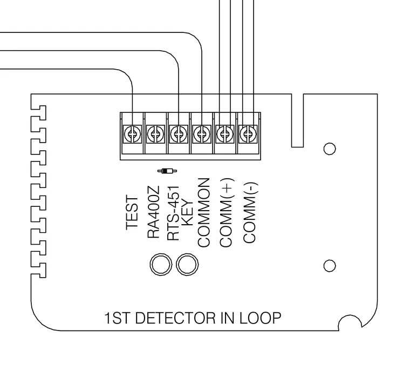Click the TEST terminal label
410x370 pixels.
coord(132,212)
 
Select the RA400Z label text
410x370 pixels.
coord(153,212)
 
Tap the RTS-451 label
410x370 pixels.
coord(173,213)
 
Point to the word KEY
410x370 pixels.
coord(187,213)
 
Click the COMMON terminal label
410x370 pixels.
coord(204,213)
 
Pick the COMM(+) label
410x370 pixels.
coord(226,213)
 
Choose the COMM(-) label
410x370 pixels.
coord(250,213)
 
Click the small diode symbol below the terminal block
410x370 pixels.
coord(167,171)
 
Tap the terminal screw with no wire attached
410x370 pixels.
coord(155,134)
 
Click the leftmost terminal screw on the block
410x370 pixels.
coord(132,134)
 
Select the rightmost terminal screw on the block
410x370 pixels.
coord(248,134)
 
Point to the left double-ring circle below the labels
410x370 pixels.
coord(161,265)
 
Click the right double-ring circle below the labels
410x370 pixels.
coord(187,265)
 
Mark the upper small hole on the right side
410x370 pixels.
coord(330,149)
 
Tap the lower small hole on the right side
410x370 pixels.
coord(330,266)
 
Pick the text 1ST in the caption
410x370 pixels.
coord(117,318)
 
